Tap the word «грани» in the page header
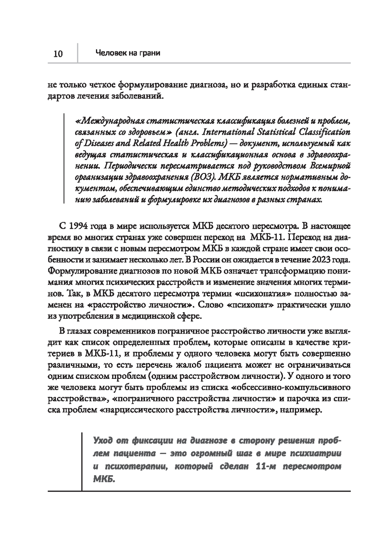coord(150,53)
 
